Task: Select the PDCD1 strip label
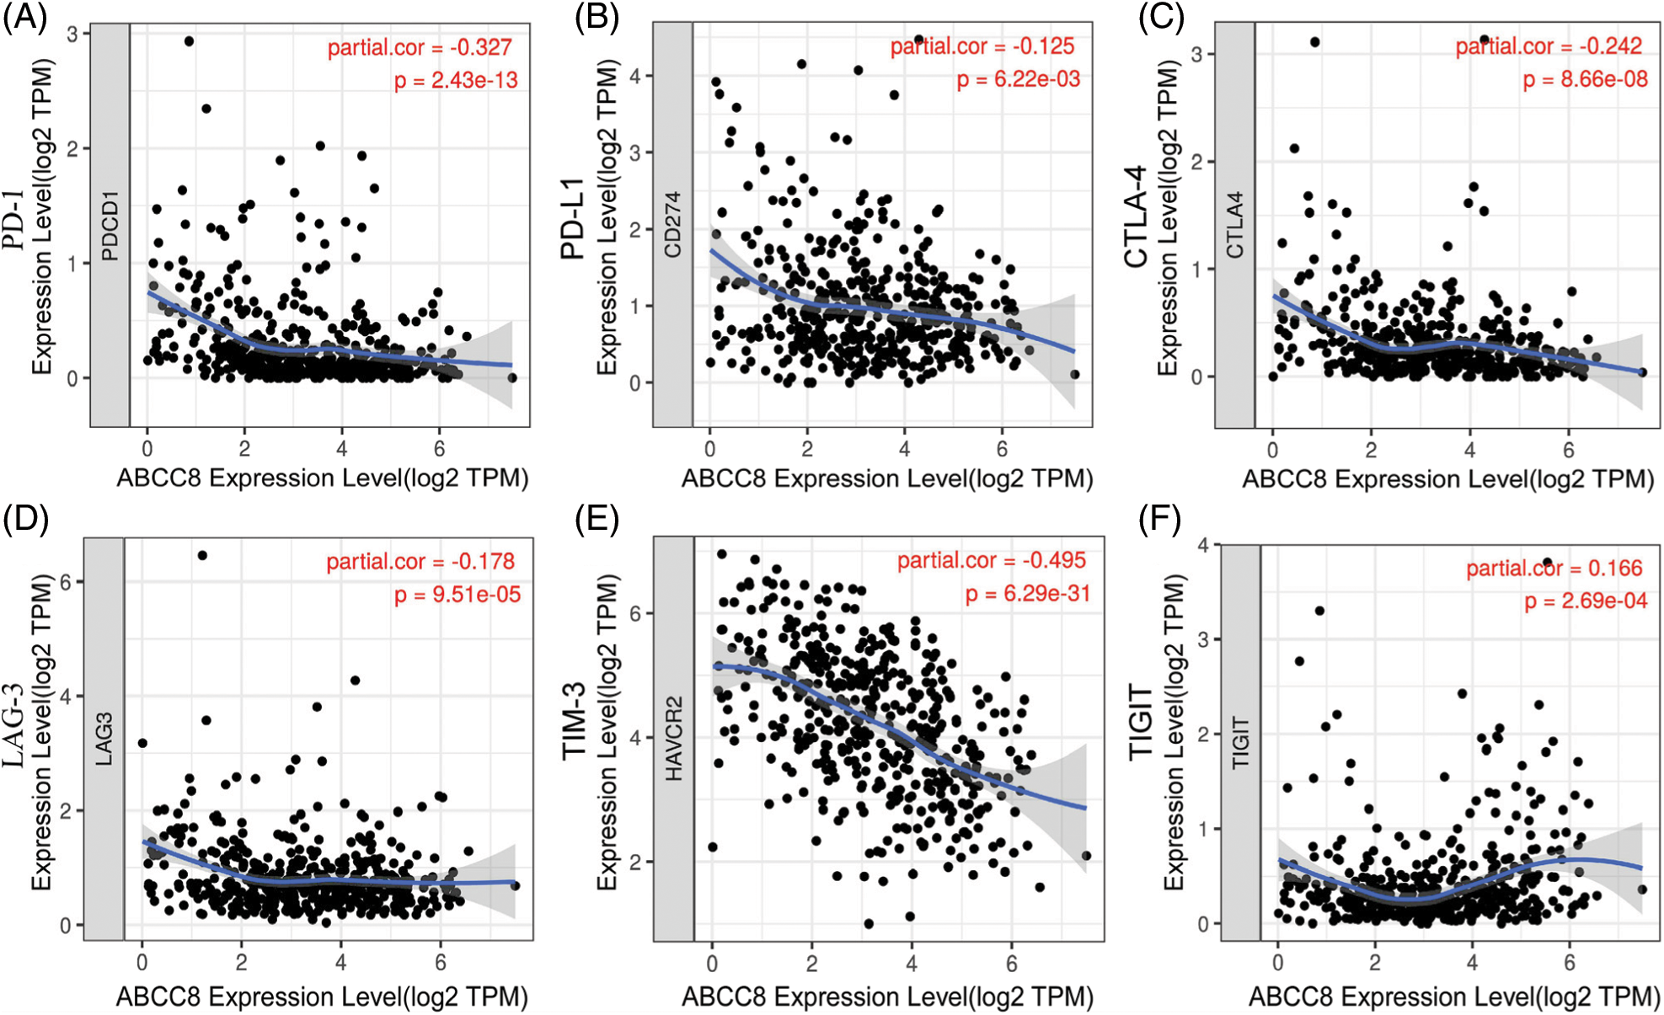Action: (110, 226)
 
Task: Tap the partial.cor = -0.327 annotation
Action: (420, 47)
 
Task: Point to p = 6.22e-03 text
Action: (1018, 79)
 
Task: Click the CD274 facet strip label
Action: (672, 225)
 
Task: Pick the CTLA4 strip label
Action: (1234, 225)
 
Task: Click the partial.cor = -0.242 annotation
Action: (1549, 46)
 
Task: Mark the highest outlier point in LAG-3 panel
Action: (202, 555)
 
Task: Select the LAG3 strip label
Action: (104, 739)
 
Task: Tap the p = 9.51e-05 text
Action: (457, 595)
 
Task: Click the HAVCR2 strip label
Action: (673, 739)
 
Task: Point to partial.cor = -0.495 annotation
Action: (991, 560)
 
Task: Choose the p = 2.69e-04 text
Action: (1585, 601)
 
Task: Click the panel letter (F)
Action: (1159, 519)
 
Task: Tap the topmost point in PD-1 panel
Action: (189, 41)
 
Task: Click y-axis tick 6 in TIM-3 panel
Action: (635, 613)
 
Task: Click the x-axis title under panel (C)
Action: (1447, 478)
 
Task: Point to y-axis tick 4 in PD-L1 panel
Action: (635, 77)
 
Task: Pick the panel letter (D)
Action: (25, 519)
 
